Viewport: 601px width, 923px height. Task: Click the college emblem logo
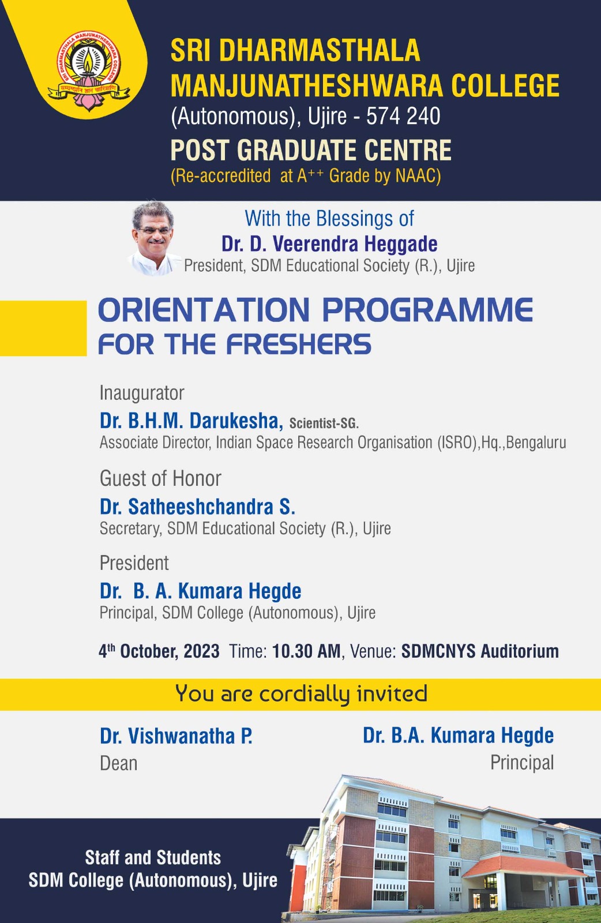pyautogui.click(x=89, y=70)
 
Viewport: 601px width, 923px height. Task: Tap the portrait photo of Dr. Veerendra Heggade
pyautogui.click(x=153, y=238)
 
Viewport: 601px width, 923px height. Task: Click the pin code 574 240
pyautogui.click(x=403, y=116)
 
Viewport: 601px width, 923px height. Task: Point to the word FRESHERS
pyautogui.click(x=299, y=344)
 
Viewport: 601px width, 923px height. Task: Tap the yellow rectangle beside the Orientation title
pyautogui.click(x=43, y=328)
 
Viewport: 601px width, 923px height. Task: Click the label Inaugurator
pyautogui.click(x=142, y=393)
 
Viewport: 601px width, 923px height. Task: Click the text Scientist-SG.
pyautogui.click(x=324, y=423)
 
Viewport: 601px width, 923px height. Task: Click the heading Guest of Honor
pyautogui.click(x=160, y=478)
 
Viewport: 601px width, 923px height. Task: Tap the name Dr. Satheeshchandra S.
pyautogui.click(x=197, y=506)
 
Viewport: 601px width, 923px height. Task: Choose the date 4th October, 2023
pyautogui.click(x=159, y=651)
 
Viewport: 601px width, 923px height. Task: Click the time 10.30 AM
pyautogui.click(x=306, y=651)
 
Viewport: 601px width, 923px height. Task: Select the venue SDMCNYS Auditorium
pyautogui.click(x=480, y=651)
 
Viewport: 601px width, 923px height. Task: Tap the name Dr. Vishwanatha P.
pyautogui.click(x=176, y=736)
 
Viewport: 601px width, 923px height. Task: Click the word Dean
pyautogui.click(x=118, y=763)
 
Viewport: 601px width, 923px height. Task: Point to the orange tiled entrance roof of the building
pyautogui.click(x=523, y=866)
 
